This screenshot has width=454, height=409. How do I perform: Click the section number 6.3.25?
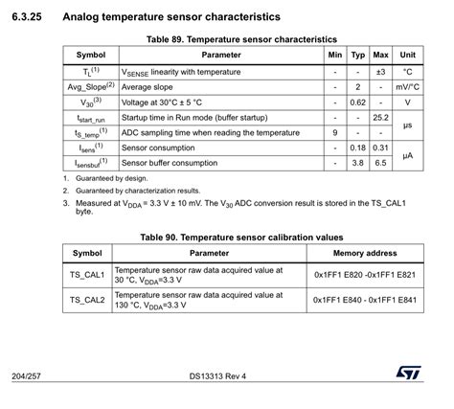pyautogui.click(x=30, y=16)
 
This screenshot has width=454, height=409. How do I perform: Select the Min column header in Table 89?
pyautogui.click(x=334, y=56)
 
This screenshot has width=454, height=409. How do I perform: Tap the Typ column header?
pyautogui.click(x=358, y=56)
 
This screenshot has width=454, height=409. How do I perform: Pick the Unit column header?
pyautogui.click(x=407, y=56)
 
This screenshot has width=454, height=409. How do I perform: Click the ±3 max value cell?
pyautogui.click(x=380, y=71)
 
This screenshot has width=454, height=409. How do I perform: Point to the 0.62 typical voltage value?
pyautogui.click(x=358, y=102)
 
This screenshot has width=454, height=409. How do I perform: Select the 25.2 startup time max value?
pyautogui.click(x=380, y=117)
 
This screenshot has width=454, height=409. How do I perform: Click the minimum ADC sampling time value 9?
pyautogui.click(x=334, y=132)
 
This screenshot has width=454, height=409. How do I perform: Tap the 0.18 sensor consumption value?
pyautogui.click(x=358, y=148)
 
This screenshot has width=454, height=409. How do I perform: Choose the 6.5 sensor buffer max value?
pyautogui.click(x=380, y=163)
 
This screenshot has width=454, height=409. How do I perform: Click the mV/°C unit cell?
pyautogui.click(x=407, y=86)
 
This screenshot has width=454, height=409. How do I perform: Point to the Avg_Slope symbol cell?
pyautogui.click(x=91, y=86)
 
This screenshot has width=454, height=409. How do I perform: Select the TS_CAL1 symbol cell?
pyautogui.click(x=87, y=275)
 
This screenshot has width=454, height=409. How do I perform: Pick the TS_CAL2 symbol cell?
pyautogui.click(x=87, y=300)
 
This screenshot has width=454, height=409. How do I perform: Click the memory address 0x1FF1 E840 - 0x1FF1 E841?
pyautogui.click(x=365, y=300)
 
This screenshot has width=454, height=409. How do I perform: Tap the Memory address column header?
pyautogui.click(x=365, y=253)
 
